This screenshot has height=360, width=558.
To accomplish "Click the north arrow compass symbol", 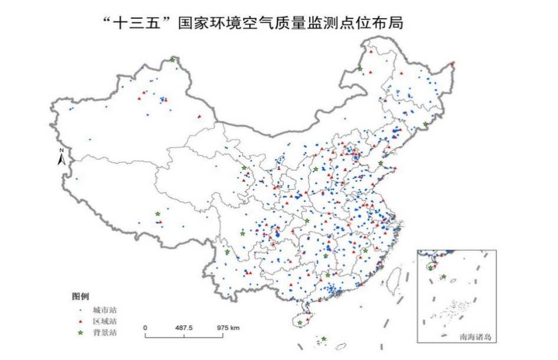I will (x=61, y=157).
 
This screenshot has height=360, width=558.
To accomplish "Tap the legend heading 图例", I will (x=81, y=295).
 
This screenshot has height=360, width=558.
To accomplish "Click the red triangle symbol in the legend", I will (x=81, y=321).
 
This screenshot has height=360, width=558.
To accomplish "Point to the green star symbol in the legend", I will (x=81, y=333).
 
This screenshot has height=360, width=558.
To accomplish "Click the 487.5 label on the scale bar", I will (x=185, y=328).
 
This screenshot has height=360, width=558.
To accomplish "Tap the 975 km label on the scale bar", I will (x=228, y=328).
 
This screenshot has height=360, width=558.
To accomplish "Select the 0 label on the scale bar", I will (x=145, y=328).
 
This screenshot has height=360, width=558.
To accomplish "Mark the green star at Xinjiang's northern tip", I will (x=173, y=60).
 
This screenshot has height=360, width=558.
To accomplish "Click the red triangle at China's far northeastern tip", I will (x=452, y=64).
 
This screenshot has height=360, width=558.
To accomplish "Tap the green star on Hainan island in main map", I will (x=300, y=323).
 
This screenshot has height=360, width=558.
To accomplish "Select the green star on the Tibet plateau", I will (x=157, y=214).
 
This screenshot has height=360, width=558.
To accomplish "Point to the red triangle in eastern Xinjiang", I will (x=199, y=116).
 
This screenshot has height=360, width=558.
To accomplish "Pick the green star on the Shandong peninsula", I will (x=380, y=163).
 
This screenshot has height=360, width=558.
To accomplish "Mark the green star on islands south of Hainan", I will (x=323, y=339).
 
